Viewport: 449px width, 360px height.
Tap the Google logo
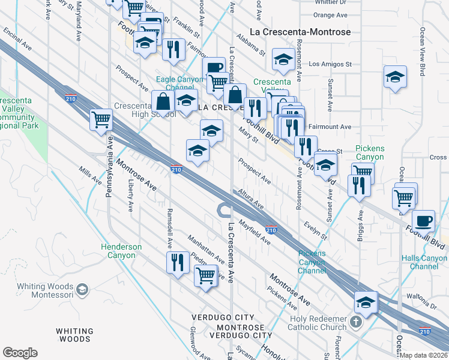pyautogui.click(x=20, y=353)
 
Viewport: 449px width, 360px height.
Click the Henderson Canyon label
pyautogui.click(x=121, y=251)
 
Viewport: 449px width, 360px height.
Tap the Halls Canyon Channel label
pyautogui.click(x=424, y=262)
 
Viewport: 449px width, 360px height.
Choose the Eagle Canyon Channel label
pyautogui.click(x=179, y=83)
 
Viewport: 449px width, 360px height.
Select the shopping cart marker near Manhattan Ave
pyautogui.click(x=206, y=276)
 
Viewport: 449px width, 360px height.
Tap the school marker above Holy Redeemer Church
pyautogui.click(x=366, y=302)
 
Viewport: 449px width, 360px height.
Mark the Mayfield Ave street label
pyautogui.click(x=255, y=232)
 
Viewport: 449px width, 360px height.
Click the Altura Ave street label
pyautogui.click(x=250, y=200)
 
